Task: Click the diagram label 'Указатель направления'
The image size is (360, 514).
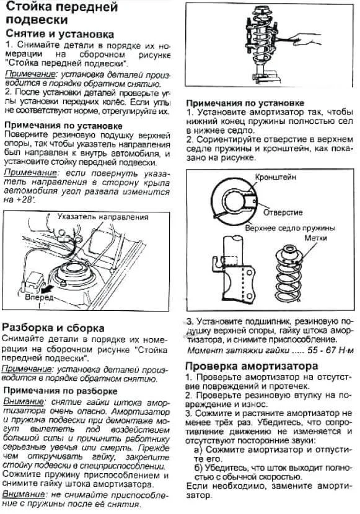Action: tap(102, 217)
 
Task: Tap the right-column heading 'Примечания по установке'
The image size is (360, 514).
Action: tap(245, 102)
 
